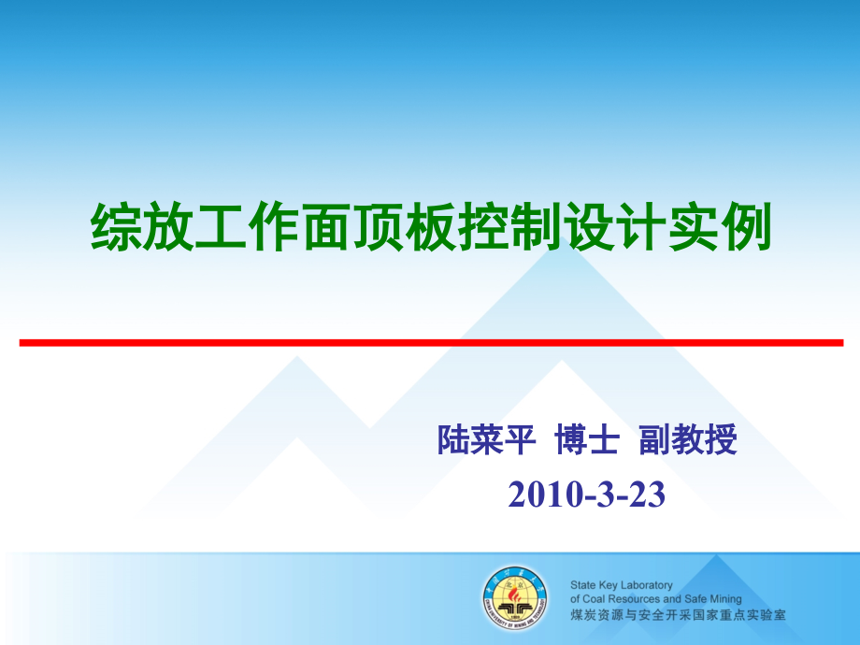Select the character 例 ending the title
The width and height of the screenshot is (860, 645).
coord(746,226)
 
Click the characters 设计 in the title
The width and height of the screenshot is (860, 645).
coord(614,226)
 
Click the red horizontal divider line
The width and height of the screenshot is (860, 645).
coord(431,343)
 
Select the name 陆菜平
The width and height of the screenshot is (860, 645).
coord(486,440)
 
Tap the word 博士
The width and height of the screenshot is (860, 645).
coord(587,440)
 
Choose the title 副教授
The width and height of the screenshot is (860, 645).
coord(688,440)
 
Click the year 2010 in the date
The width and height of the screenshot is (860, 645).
coord(546,494)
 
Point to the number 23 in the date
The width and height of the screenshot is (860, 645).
coord(647,494)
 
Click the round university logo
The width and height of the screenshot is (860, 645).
coord(515,598)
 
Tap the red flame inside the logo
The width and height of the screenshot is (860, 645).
coord(514,593)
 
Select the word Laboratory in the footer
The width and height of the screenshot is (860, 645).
coord(646,586)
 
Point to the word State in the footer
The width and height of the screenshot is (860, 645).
coord(582,585)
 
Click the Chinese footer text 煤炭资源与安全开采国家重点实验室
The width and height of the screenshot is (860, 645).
coord(678,615)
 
